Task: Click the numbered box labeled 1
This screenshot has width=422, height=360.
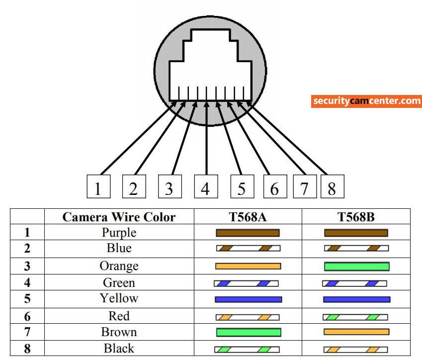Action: coord(98,186)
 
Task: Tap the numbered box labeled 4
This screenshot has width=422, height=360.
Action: coord(205,186)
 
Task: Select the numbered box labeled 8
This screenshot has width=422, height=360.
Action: coord(332,186)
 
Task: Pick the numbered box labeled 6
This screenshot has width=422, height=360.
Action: coord(274,186)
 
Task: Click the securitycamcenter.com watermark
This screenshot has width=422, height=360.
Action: coord(367,101)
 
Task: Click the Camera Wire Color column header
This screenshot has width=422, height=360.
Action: coord(119,217)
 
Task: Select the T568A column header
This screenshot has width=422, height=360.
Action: coord(248,217)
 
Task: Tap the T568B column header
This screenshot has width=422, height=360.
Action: coord(356,217)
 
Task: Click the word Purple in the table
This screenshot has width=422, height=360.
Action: coord(119,232)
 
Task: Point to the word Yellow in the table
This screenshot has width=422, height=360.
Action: coord(119,298)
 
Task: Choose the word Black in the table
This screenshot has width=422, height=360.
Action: coord(119,348)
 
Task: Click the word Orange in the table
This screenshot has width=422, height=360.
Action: coord(119,266)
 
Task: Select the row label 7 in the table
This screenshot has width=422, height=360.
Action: coord(27,332)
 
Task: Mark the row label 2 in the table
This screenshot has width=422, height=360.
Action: coord(27,249)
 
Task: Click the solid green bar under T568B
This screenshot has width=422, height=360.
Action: coord(356,267)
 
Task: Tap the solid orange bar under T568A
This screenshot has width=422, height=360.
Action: coord(248,266)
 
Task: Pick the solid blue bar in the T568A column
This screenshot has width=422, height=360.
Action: coord(248,299)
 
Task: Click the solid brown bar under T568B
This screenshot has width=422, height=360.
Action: coord(356,233)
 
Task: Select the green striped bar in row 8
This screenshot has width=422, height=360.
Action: coord(247,350)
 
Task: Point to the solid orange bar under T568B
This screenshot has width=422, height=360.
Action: coord(356,332)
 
